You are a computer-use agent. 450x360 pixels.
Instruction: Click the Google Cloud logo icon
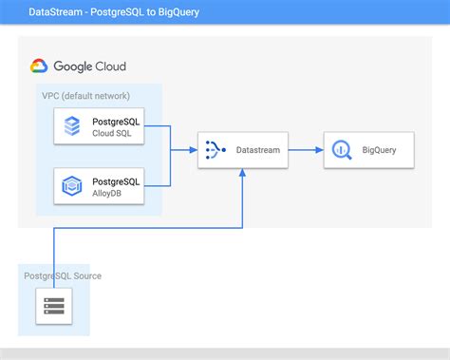39,66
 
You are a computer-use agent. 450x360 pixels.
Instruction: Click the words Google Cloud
89,66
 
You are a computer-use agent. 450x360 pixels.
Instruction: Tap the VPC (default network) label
85,96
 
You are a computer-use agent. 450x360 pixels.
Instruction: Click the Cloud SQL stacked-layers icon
72,125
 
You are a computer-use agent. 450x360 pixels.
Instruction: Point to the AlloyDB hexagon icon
72,185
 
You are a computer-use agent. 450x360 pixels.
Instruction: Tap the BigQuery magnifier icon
342,149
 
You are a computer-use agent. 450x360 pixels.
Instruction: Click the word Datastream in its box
257,150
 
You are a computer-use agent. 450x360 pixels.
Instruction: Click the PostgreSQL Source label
63,275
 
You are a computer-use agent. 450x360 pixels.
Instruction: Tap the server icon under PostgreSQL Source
53,306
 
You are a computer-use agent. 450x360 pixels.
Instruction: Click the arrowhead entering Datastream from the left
193,149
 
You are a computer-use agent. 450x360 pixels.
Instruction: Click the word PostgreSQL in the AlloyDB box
117,180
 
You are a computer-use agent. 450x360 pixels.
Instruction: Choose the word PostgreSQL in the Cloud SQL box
117,121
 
